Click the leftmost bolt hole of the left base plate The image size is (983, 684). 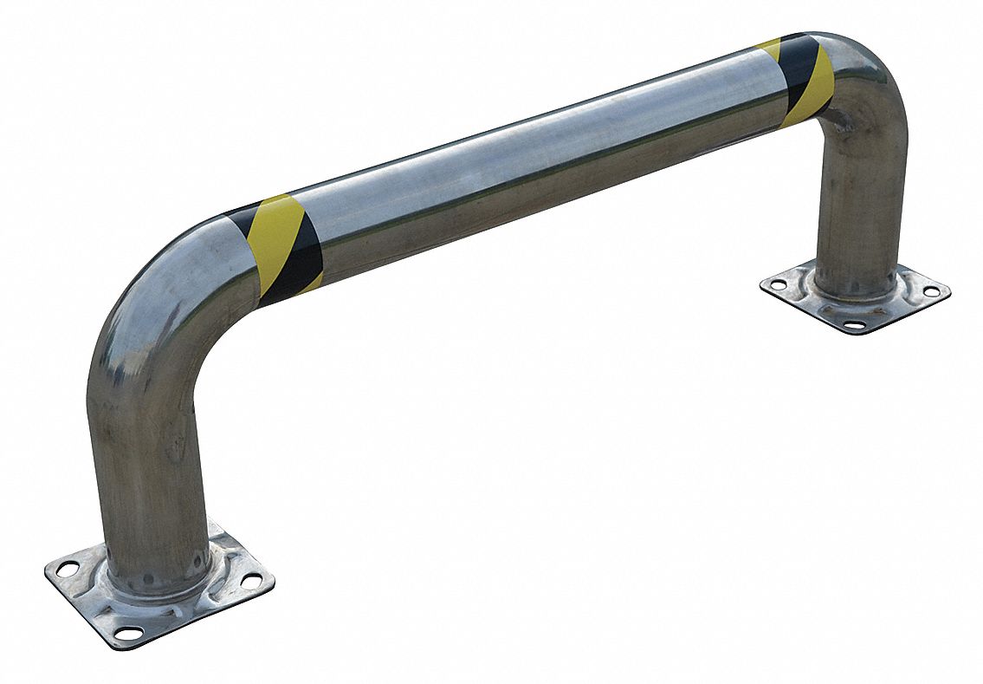coord(64,570)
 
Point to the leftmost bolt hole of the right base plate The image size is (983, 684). coord(777,283)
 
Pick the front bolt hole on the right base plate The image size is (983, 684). coord(853,324)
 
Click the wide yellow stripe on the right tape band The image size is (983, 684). coord(816,82)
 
